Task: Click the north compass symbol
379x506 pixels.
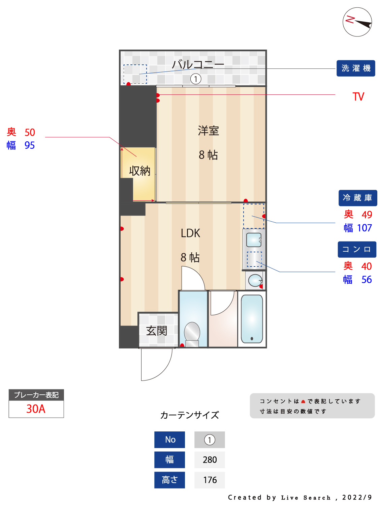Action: (357, 22)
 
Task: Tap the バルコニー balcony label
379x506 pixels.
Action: (198, 64)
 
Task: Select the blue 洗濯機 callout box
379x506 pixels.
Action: (356, 68)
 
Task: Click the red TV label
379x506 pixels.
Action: (358, 97)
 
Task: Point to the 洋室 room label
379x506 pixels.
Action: (208, 131)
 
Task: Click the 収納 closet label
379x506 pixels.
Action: (139, 171)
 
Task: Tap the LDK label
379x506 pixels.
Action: (190, 233)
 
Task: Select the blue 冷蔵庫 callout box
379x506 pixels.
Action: (357, 198)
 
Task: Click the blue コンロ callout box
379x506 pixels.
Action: (357, 250)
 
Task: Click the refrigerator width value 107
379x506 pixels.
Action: (365, 228)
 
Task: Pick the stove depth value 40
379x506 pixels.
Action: (366, 266)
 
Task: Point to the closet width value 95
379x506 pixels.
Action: (30, 145)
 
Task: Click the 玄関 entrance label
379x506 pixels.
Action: (157, 331)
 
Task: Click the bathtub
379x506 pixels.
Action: (252, 319)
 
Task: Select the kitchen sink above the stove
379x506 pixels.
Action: (254, 240)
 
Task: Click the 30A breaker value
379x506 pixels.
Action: (36, 409)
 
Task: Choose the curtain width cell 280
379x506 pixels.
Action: (210, 460)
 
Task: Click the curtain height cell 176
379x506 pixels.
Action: (210, 480)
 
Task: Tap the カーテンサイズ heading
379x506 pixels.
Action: (189, 415)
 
